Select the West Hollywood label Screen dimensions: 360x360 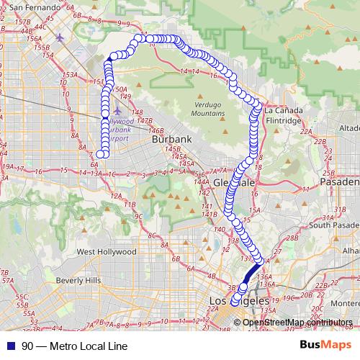coord(106,252)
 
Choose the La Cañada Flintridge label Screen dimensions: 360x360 coord(283,116)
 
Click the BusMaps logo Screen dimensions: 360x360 coord(328,345)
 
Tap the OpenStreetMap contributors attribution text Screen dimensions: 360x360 coord(297,322)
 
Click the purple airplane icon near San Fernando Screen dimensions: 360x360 coord(59,37)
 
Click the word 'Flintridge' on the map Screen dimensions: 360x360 coord(283,121)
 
